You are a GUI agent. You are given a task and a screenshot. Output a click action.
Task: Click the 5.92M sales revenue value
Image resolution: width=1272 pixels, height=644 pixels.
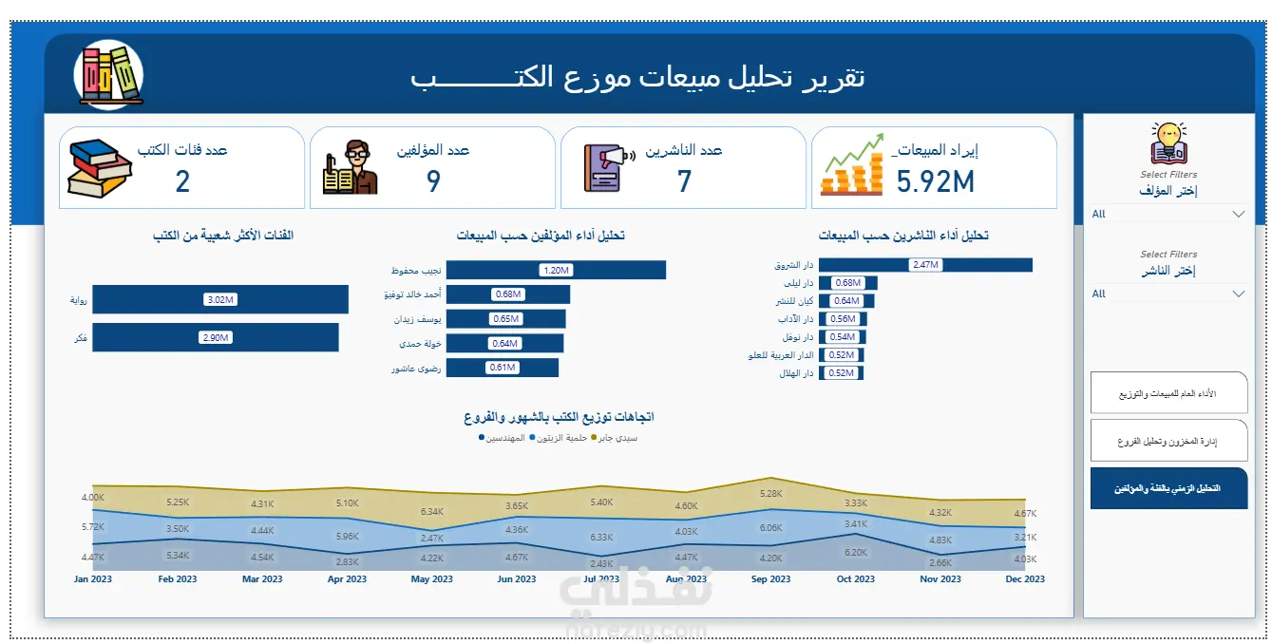click(x=935, y=180)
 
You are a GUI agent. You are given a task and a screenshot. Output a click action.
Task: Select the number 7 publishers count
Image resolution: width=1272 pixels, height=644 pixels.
click(x=684, y=180)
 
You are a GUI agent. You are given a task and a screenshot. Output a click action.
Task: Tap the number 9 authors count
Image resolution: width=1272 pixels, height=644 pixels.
click(x=433, y=180)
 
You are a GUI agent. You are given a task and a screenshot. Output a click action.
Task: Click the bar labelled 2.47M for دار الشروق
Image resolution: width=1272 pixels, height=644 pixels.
click(x=924, y=265)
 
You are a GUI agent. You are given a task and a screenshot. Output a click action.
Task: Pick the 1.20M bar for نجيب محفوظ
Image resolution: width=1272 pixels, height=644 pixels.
click(x=555, y=270)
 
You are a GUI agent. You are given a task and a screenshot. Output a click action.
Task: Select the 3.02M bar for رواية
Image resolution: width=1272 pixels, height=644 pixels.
click(x=219, y=300)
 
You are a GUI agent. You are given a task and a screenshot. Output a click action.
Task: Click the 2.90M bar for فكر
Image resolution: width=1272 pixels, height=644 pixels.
click(x=215, y=337)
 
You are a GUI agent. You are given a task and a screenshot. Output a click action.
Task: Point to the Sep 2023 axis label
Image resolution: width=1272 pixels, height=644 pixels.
click(x=770, y=579)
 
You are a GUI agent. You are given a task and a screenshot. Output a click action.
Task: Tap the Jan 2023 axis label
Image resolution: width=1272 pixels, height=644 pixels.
click(x=93, y=579)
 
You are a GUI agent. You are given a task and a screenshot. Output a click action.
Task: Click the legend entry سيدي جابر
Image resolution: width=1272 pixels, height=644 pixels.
click(x=618, y=438)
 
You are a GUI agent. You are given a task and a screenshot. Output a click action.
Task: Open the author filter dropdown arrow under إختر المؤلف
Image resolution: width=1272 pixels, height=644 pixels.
click(x=1238, y=214)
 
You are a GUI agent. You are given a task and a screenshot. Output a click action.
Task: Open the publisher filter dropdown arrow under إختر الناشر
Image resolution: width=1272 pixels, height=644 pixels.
click(x=1238, y=294)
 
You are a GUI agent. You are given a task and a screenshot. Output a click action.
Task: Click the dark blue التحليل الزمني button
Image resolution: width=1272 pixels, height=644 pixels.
click(x=1168, y=488)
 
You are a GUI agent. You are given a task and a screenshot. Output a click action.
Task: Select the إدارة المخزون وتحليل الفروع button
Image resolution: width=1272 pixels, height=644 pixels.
click(x=1168, y=442)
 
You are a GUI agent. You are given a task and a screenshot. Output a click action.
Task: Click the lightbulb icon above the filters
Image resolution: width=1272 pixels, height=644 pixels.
click(x=1168, y=142)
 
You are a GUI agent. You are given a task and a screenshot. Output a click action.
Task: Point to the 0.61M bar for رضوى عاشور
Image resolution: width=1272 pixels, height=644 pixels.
click(x=502, y=368)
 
